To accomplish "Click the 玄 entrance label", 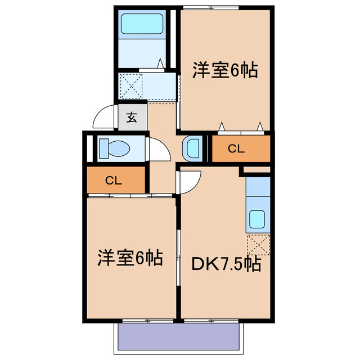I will pos(132,118).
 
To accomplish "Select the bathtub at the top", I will pos(142,24).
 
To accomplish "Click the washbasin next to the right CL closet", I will pos(192,148).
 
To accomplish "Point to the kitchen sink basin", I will pos(258,218).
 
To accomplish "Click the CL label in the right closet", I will pos(237,149).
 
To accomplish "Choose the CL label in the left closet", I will pos(114,181).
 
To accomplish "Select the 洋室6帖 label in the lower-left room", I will pos(130,258).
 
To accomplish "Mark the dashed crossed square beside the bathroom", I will pos(132,85).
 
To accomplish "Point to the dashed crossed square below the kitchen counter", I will pos(258,245).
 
